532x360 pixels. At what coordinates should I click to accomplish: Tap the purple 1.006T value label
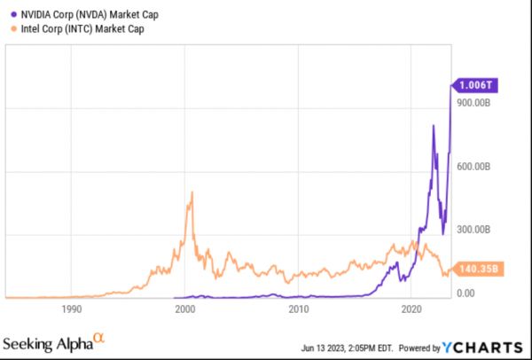(473, 85)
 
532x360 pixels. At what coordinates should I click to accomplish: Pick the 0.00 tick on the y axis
(464, 293)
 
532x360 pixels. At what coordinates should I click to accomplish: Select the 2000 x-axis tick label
(185, 309)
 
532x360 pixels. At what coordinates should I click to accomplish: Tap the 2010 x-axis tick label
(299, 309)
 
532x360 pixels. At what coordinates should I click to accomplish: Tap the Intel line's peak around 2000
(192, 192)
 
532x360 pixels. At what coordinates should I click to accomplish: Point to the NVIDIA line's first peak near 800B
(433, 126)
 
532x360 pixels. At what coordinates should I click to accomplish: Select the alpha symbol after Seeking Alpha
(99, 337)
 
